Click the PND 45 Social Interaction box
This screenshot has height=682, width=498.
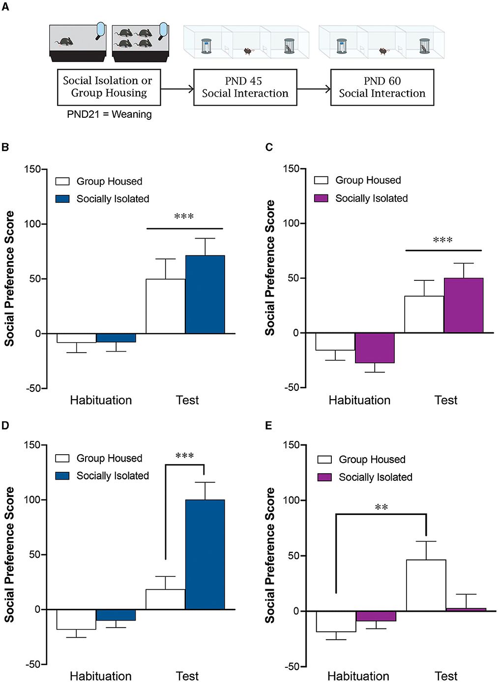coord(245,87)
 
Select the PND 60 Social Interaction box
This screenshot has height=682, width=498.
coord(382,87)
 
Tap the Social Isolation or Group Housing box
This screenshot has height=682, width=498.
coord(109,87)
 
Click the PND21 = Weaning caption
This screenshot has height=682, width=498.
coord(109,114)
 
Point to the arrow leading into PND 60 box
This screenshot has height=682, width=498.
coord(314,89)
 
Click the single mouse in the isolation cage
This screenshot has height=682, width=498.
coord(63,42)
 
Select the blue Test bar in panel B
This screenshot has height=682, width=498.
coord(205,295)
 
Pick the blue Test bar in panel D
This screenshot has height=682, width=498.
coord(205,554)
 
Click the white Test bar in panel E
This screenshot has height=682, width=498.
coord(426,585)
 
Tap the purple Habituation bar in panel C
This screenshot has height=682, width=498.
coord(375,348)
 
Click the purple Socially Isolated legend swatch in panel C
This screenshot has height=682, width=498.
coord(321,198)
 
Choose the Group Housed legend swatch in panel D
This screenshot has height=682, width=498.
coord(62,458)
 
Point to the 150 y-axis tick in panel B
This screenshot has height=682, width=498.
coord(32,169)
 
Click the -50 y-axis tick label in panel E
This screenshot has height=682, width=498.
coord(292,666)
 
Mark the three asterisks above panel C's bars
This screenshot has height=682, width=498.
coord(442,241)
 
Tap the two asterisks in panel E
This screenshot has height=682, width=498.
coord(381,508)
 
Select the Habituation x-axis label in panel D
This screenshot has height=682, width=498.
coord(101,676)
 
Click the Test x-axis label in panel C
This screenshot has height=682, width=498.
coord(446,400)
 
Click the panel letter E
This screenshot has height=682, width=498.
coord(268,425)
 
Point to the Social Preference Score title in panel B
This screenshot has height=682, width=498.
coord(9,278)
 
